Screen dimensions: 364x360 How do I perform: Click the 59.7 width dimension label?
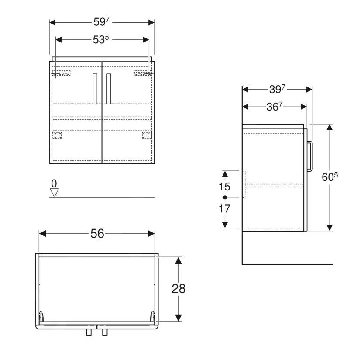pos(101,22)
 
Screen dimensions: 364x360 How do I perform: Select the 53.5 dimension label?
pos(101,39)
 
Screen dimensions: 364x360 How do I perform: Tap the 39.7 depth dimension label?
pos(277,89)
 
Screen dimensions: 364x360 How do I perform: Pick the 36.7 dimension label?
pos(275,107)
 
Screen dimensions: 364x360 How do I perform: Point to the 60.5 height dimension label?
pos(330,177)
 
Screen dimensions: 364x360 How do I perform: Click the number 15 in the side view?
pos(224,187)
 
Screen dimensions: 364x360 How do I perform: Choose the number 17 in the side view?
pos(224,209)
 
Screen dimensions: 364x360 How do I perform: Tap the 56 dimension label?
pos(97,234)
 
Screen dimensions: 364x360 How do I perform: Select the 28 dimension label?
pos(179,289)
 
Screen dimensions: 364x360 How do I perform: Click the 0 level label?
pos(54,183)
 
